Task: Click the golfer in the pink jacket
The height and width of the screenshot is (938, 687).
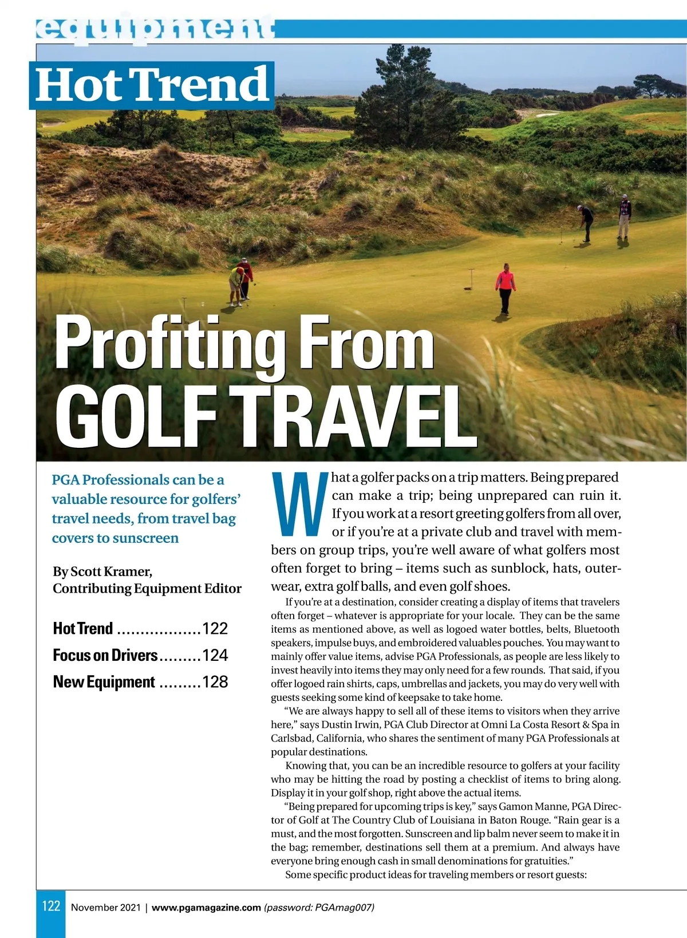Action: click(505, 288)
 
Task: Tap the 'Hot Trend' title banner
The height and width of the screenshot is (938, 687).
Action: click(152, 85)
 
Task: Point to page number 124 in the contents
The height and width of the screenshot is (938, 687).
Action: click(215, 655)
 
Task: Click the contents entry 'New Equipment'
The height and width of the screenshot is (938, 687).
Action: click(104, 682)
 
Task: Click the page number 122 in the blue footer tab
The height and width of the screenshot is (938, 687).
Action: click(51, 906)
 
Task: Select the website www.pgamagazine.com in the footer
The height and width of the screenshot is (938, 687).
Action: click(206, 908)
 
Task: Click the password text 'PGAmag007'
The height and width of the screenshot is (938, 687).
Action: click(343, 908)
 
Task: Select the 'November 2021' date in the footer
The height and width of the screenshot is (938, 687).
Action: click(105, 908)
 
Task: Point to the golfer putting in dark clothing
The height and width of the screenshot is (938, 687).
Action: click(586, 222)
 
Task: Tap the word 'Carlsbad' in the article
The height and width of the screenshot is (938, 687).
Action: click(291, 738)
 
